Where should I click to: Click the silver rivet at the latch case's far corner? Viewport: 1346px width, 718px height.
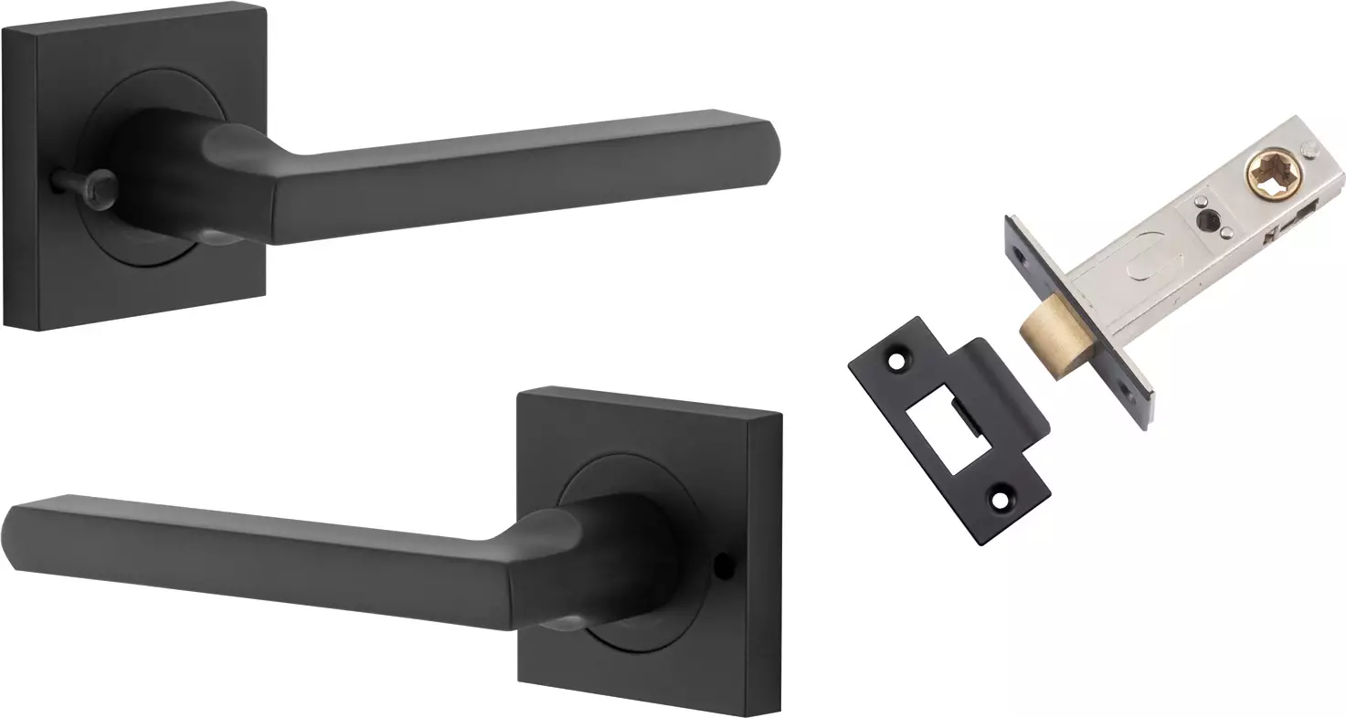(x=1314, y=149)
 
